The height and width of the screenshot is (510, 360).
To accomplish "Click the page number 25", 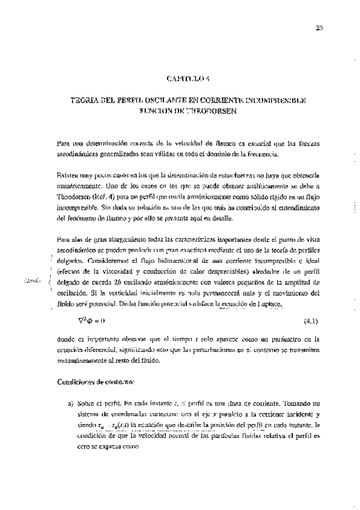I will (319, 26).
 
